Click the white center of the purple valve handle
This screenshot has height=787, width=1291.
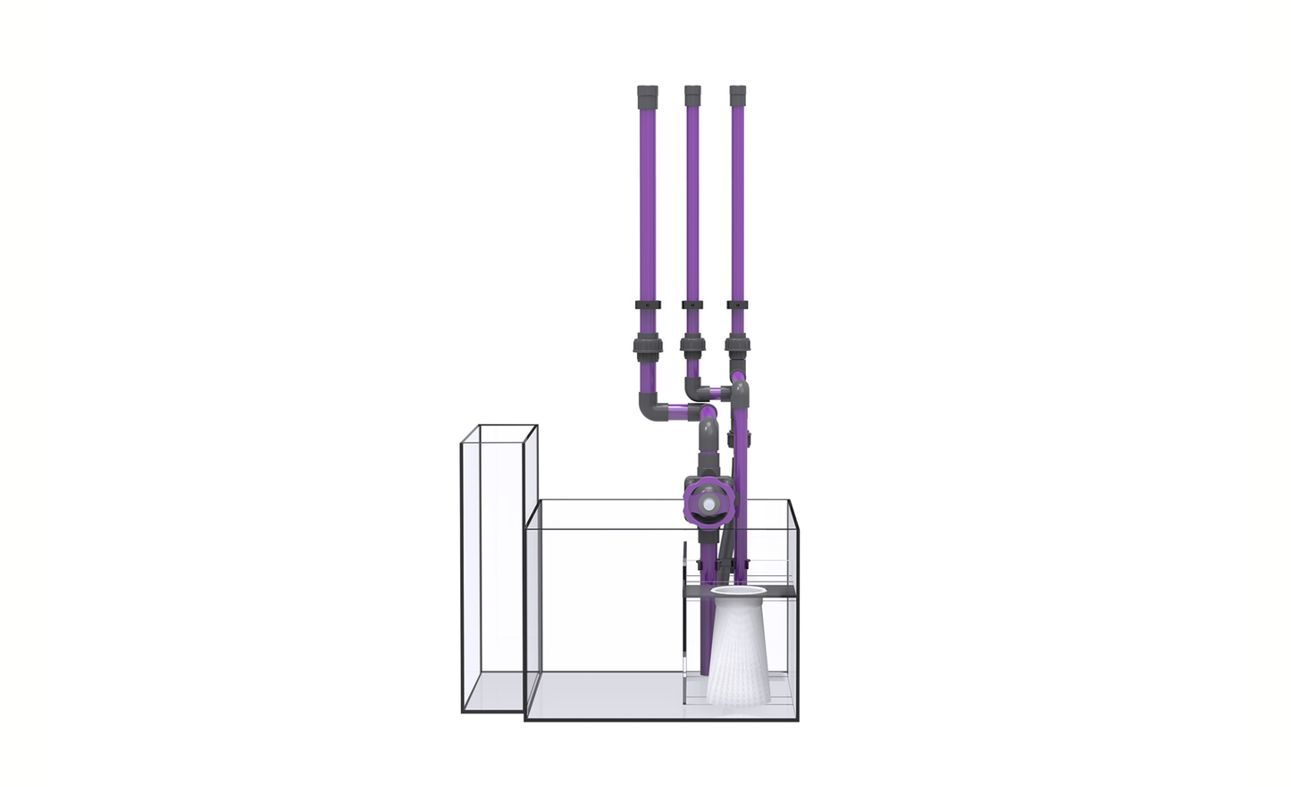point(708,505)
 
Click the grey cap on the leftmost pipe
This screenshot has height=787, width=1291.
point(647,96)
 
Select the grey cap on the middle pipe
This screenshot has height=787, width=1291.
point(692,96)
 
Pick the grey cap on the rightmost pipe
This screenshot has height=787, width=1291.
point(737,96)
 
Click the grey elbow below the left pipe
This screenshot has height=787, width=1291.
point(650,406)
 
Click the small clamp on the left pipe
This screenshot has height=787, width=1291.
point(647,306)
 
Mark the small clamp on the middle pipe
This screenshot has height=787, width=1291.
point(692,306)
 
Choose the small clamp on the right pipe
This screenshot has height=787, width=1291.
point(737,306)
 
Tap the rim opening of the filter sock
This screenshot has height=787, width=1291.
point(739,590)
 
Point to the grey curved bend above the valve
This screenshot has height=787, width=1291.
point(708,437)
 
